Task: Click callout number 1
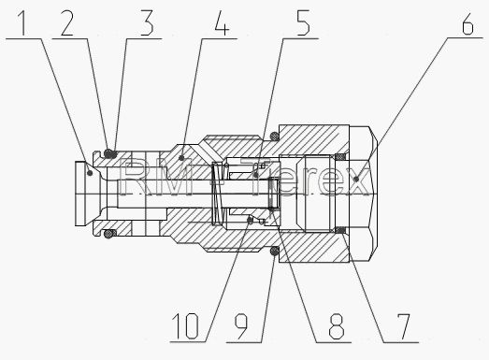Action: [x=22, y=22]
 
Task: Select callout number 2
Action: [x=66, y=22]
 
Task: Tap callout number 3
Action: [x=147, y=22]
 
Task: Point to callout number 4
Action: [x=222, y=22]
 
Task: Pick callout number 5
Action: [x=303, y=22]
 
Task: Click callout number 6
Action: [x=467, y=22]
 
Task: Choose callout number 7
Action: [x=403, y=326]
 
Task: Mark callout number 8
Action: [x=337, y=326]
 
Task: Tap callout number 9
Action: [x=240, y=326]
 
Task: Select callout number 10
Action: [x=185, y=326]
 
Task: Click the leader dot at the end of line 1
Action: [x=90, y=172]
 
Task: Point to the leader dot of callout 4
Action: [x=181, y=158]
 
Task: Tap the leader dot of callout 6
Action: [x=357, y=179]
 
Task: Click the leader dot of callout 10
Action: [x=250, y=221]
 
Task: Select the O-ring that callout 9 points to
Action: [x=275, y=251]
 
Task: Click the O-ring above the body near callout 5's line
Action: [x=275, y=136]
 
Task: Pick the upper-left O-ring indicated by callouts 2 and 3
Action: [x=108, y=153]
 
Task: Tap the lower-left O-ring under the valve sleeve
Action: [x=108, y=234]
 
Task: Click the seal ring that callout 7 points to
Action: [x=341, y=230]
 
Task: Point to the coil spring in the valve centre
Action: [x=218, y=194]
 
